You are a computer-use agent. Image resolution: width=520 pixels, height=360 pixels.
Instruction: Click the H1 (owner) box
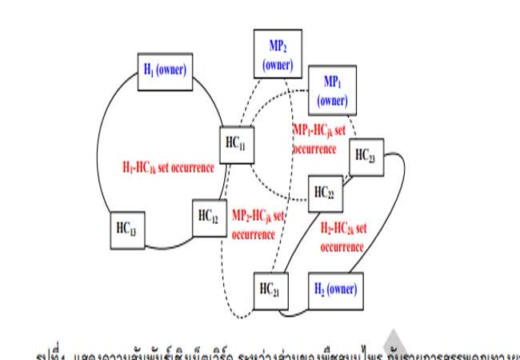coord(163,70)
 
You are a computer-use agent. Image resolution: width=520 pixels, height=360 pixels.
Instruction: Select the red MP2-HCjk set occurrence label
coord(258,225)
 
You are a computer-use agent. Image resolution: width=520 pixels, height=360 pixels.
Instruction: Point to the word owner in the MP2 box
coord(278,64)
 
